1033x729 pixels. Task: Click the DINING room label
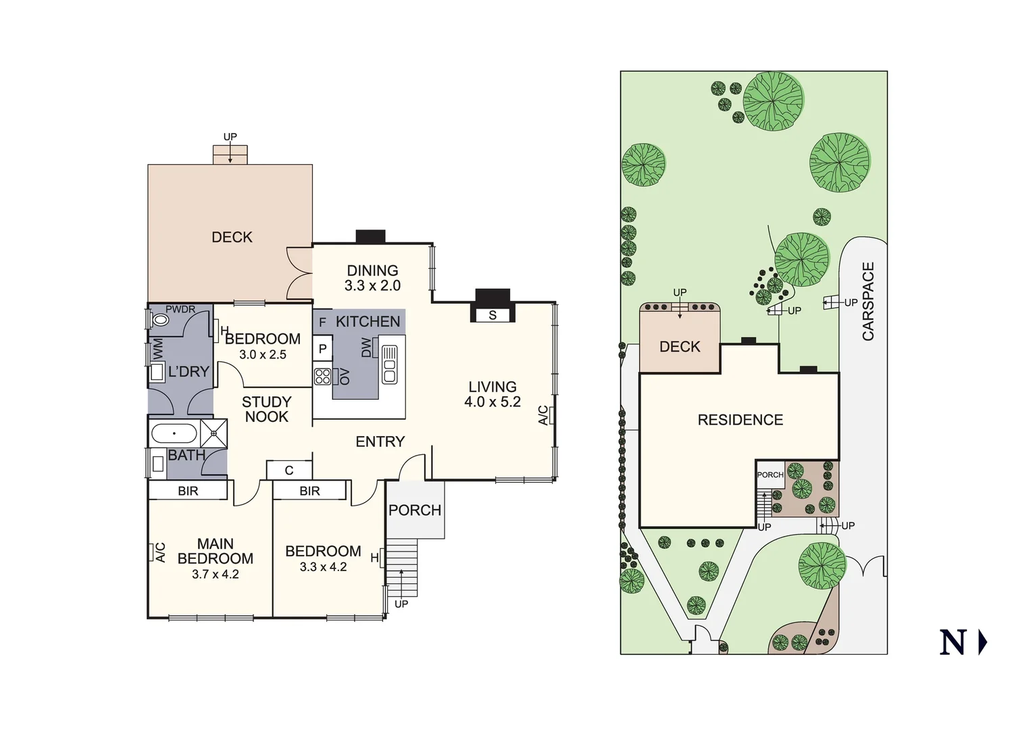(x=372, y=271)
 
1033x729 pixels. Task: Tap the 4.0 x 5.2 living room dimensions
(x=493, y=402)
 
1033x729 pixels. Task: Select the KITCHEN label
(x=368, y=322)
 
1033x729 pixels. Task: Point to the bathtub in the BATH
(x=174, y=433)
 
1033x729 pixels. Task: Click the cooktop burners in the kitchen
(x=323, y=376)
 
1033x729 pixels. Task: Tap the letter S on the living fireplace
(x=493, y=315)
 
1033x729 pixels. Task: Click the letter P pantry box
(x=323, y=349)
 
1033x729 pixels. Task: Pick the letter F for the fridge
(x=322, y=323)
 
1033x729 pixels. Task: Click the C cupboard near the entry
(x=289, y=470)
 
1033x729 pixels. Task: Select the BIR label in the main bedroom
(x=188, y=491)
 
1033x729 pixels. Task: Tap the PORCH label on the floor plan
(x=415, y=510)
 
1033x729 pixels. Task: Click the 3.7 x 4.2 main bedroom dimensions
(x=215, y=574)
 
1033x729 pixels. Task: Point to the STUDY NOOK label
(x=266, y=409)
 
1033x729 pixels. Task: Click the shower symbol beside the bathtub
(x=214, y=433)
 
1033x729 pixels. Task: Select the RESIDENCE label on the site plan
(x=740, y=420)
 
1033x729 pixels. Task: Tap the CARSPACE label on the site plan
(x=868, y=301)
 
